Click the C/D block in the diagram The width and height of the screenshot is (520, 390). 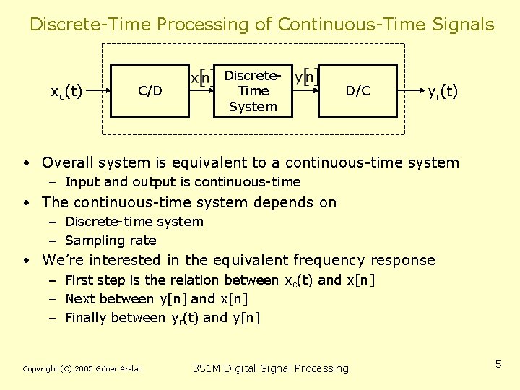point(150,90)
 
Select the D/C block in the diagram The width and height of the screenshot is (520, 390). point(357,90)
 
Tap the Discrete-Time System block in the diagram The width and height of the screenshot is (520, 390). point(253,91)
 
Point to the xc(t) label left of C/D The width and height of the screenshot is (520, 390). point(66,92)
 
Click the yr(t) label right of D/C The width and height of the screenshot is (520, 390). point(443,92)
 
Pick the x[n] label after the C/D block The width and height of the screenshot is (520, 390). point(201,77)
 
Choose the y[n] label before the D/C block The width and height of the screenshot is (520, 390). point(307,77)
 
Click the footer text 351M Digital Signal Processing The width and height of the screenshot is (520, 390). point(271,368)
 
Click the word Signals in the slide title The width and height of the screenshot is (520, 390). point(459,25)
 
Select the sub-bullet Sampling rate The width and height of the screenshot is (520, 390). point(110,240)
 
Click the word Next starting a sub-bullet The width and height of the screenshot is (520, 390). point(79,299)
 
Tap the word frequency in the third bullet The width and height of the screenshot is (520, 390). point(329,260)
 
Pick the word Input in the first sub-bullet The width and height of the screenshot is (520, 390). point(80,182)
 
